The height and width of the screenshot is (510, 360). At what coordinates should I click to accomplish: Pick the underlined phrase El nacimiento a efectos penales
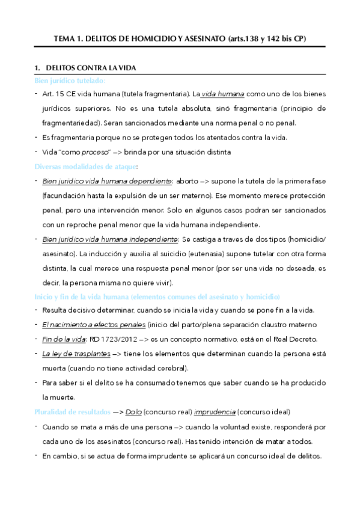coord(94,325)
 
